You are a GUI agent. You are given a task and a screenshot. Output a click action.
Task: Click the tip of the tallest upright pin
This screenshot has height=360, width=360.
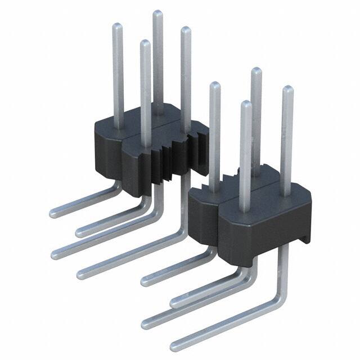click(157, 13)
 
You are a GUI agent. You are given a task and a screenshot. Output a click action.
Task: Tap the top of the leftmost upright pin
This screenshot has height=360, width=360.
click(117, 26)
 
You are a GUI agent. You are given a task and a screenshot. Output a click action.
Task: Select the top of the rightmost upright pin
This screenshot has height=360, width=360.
click(287, 89)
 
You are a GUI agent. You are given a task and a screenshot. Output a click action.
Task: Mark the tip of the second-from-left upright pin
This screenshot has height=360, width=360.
click(145, 43)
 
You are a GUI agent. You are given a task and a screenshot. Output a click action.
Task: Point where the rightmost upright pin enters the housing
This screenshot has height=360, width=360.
click(287, 194)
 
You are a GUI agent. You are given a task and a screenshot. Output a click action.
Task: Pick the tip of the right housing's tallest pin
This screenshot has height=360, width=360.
click(256, 71)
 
